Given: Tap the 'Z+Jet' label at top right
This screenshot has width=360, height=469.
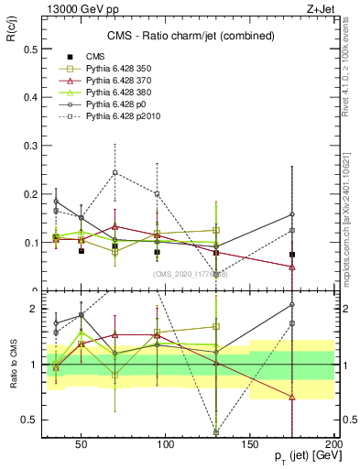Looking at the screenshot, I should click(320, 8).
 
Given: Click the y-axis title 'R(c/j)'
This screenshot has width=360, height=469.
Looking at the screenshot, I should click(14, 33).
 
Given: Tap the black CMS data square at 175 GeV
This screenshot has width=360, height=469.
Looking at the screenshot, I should click(292, 255).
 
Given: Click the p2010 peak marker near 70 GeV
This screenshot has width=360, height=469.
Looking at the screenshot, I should click(115, 172).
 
